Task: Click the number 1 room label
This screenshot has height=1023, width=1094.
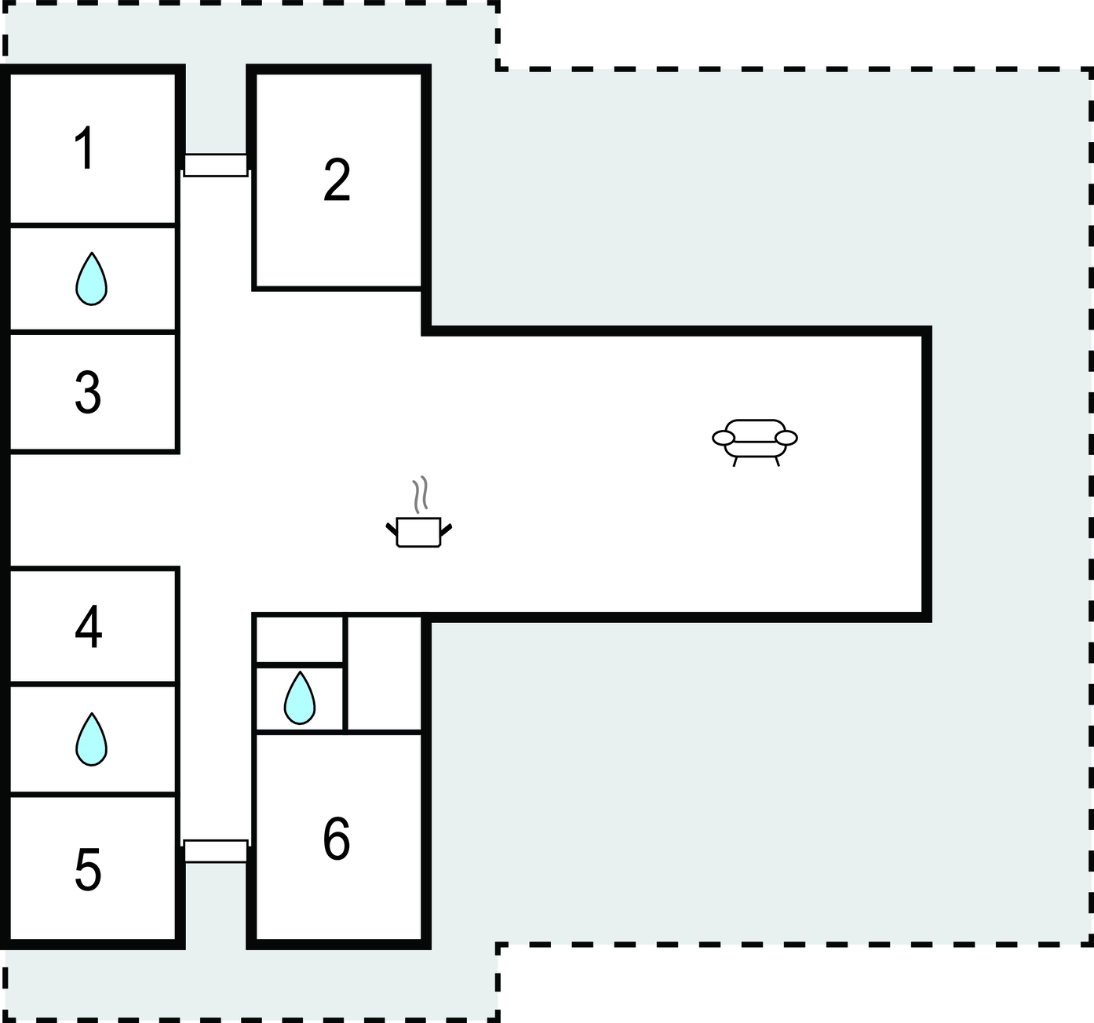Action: (x=86, y=147)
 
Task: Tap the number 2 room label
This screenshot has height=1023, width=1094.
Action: (x=337, y=180)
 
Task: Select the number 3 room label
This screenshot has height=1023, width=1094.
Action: (x=88, y=392)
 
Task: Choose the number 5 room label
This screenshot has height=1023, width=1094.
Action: (x=88, y=869)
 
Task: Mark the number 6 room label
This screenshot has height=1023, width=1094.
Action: (x=337, y=839)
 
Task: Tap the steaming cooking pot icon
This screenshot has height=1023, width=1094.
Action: (x=418, y=511)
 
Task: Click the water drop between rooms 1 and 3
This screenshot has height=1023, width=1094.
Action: (x=92, y=279)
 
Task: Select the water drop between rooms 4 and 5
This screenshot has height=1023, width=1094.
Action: (x=92, y=739)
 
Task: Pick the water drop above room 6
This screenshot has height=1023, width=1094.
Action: (x=300, y=697)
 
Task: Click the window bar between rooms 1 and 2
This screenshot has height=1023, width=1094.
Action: (x=215, y=166)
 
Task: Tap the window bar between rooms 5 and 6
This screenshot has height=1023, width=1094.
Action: (x=215, y=851)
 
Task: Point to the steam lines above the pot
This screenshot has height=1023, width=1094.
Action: (x=421, y=495)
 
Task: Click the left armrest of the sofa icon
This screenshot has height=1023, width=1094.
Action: (x=724, y=438)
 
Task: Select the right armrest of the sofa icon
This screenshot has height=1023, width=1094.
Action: (x=786, y=438)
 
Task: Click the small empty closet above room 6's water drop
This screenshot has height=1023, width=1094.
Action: (x=300, y=639)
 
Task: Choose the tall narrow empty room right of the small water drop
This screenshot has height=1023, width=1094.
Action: (x=385, y=673)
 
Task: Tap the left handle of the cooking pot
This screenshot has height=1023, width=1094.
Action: (x=391, y=530)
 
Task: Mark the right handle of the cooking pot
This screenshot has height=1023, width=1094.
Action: (x=447, y=530)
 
